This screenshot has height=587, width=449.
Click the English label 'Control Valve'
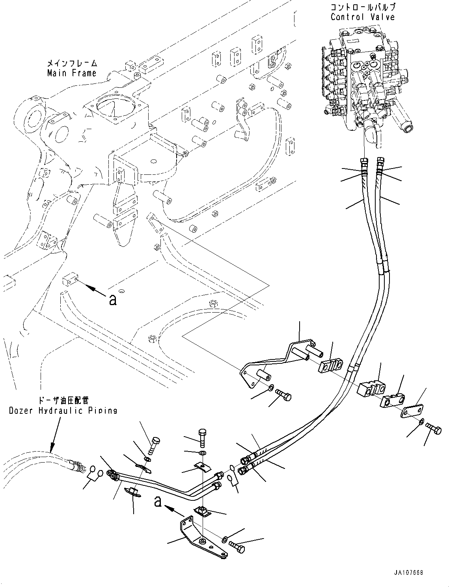362,17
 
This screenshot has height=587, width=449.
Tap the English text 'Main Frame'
72,73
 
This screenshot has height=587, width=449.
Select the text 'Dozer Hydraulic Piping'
63,411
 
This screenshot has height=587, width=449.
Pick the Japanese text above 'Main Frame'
72,63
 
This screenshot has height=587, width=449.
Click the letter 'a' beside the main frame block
113,300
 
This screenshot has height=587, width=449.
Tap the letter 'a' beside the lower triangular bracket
158,501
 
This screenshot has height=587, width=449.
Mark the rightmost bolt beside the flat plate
434,429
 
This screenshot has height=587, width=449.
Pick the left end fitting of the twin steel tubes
113,475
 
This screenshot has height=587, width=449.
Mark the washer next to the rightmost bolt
422,422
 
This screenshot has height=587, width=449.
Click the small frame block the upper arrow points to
69,281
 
